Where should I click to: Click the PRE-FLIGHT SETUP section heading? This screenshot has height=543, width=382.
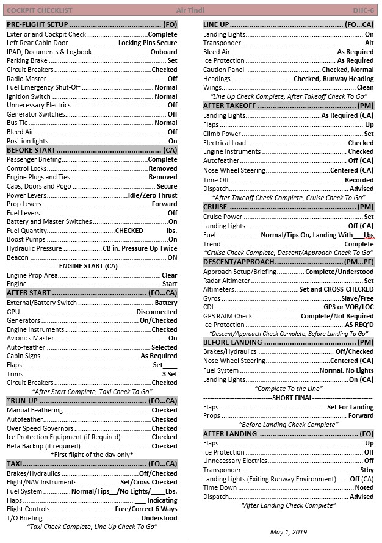(x=37, y=24)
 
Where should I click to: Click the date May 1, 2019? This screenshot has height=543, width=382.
(x=289, y=532)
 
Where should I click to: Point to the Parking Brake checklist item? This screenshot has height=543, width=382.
(x=27, y=61)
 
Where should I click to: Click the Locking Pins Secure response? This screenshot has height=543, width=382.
(x=148, y=43)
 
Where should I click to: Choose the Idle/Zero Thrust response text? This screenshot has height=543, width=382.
(x=153, y=195)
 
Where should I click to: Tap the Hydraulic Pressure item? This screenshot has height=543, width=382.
(x=34, y=248)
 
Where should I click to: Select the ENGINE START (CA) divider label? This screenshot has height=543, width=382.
(x=89, y=266)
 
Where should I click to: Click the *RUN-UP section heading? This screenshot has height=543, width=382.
(x=24, y=401)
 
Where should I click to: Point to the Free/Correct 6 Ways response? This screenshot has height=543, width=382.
(x=146, y=509)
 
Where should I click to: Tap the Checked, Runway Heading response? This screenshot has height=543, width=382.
(x=333, y=79)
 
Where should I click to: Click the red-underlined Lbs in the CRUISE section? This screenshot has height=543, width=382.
(x=369, y=235)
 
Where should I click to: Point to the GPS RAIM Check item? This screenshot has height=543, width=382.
(x=228, y=316)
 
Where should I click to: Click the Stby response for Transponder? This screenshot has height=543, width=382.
(x=367, y=470)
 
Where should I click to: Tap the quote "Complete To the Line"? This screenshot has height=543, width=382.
(x=289, y=389)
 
